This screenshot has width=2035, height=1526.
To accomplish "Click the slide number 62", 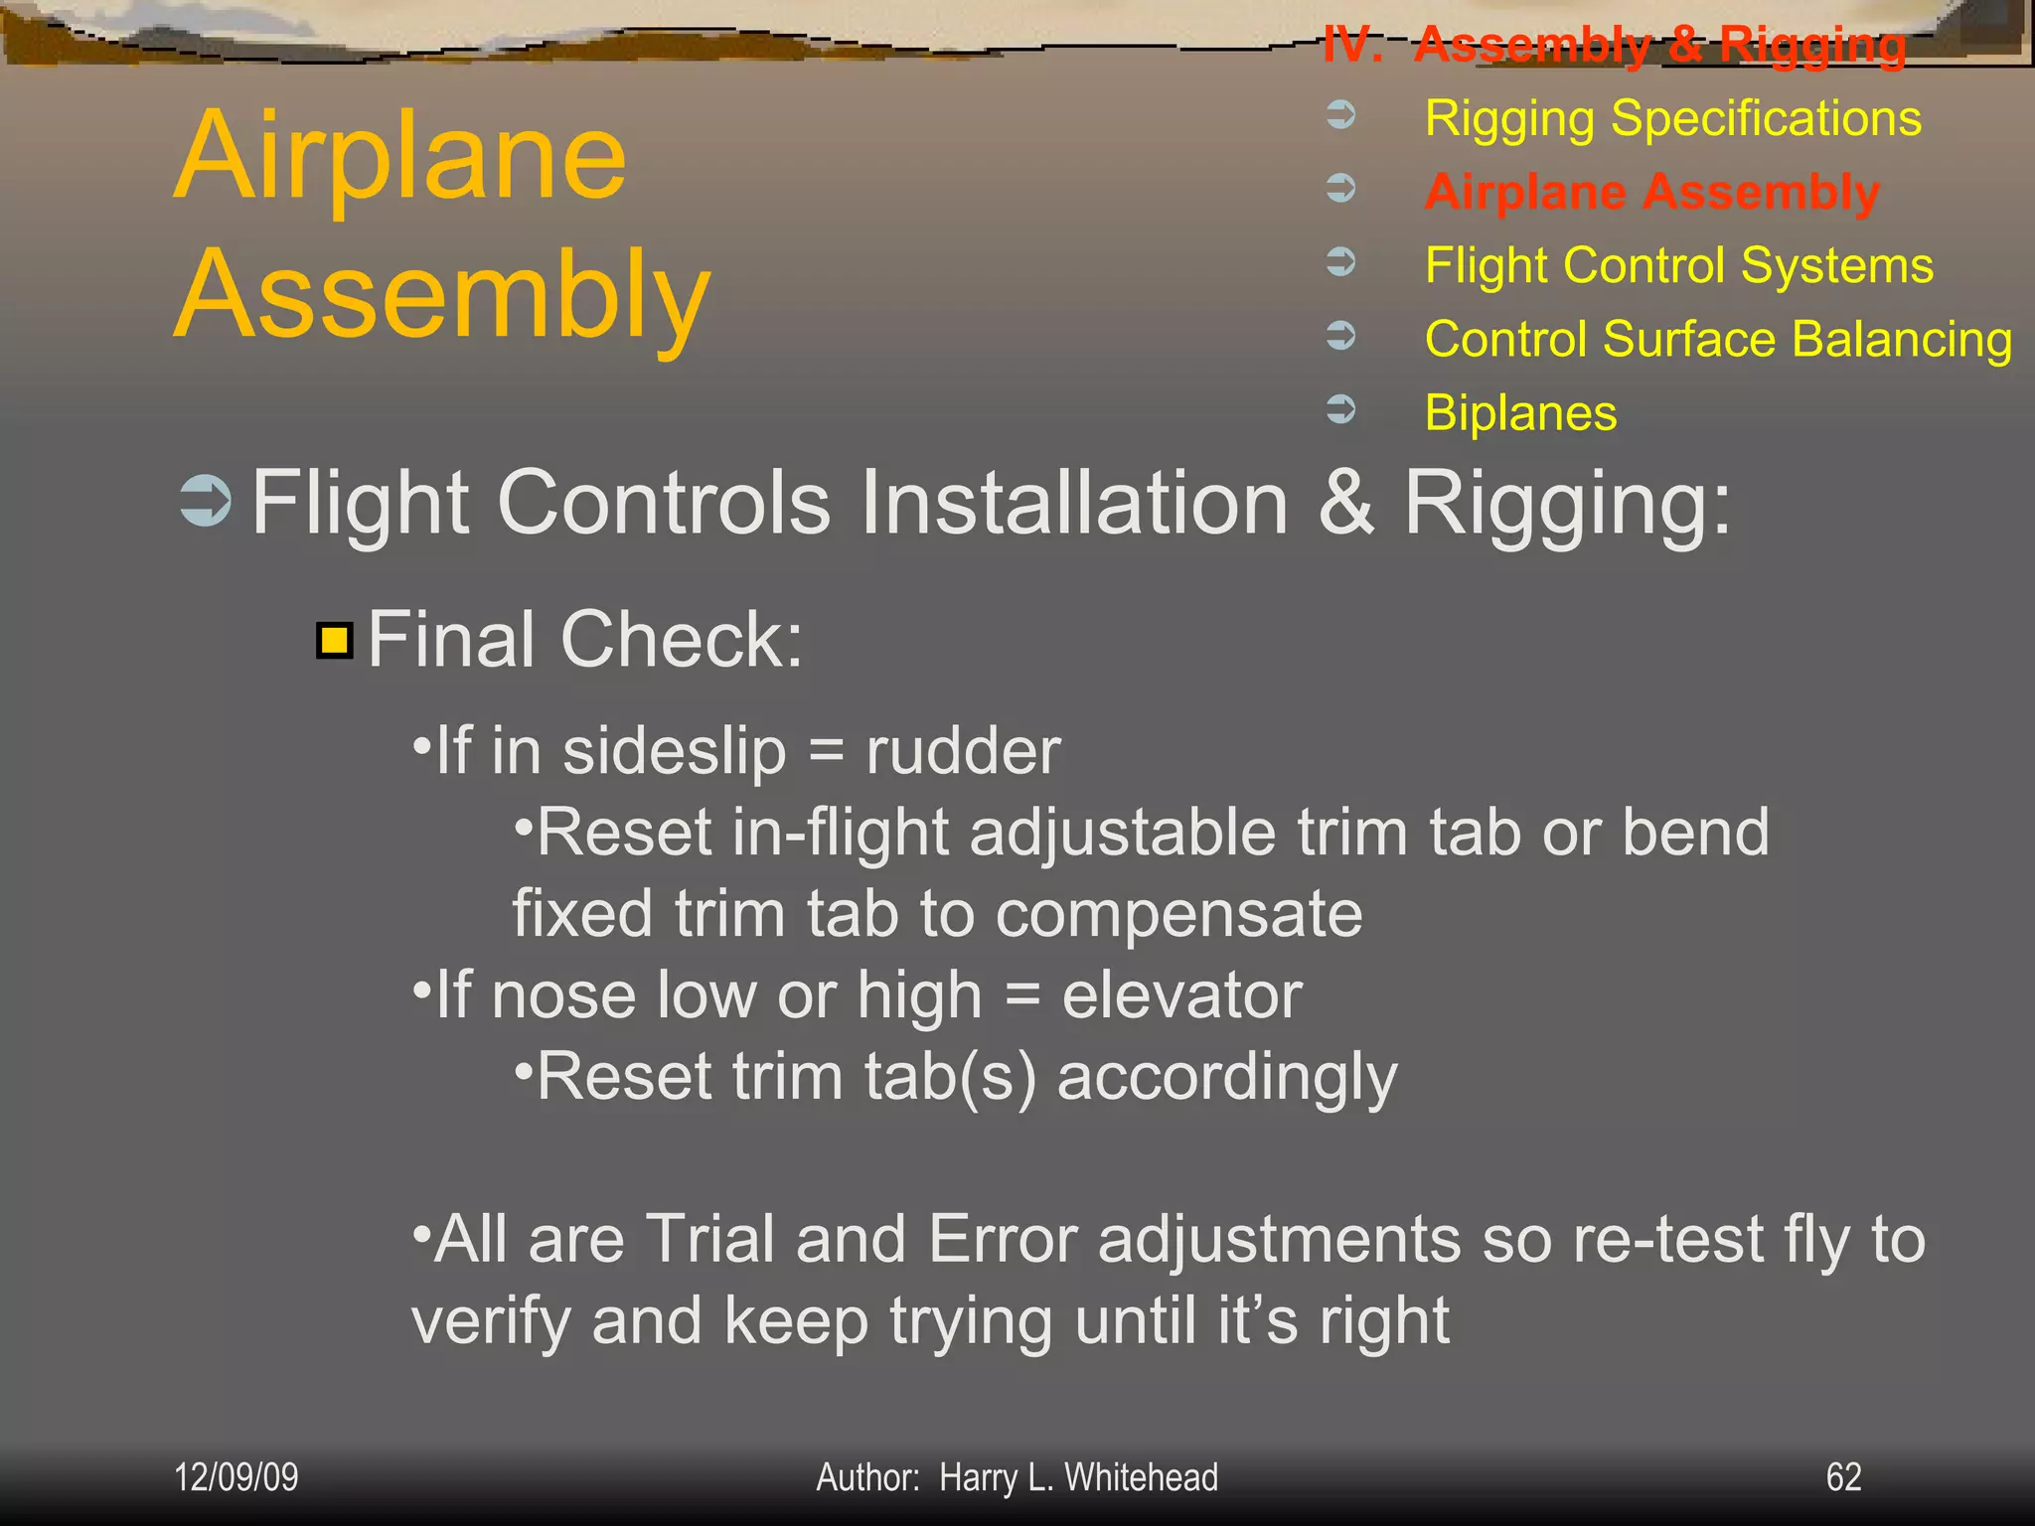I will pos(1843,1477).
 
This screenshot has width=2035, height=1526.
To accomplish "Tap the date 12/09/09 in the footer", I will pos(236,1477).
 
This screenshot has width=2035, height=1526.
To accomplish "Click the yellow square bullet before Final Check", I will pos(335,641).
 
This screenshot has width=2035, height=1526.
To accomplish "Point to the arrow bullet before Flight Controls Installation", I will pos(206,501).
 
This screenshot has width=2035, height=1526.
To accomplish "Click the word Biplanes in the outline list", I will pos(1520,412).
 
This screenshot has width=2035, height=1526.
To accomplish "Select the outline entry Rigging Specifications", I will pos(1672,118).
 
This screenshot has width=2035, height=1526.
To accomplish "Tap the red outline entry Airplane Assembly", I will pos(1651,192).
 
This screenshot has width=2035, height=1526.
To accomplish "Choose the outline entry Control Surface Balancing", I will pos(1718,339).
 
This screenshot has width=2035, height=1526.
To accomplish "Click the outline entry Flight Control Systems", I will pos(1678,265).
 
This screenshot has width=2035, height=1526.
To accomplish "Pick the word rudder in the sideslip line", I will pos(963,751).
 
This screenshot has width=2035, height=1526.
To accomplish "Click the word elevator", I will pos(1181,995).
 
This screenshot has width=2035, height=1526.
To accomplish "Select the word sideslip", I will pos(675,751).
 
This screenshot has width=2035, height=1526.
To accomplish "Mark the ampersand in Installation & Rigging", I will pos(1346,503).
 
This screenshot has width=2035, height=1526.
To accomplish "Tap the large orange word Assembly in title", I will pos(442,295).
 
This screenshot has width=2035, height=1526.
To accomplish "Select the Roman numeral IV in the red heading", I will pos(1351,45).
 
